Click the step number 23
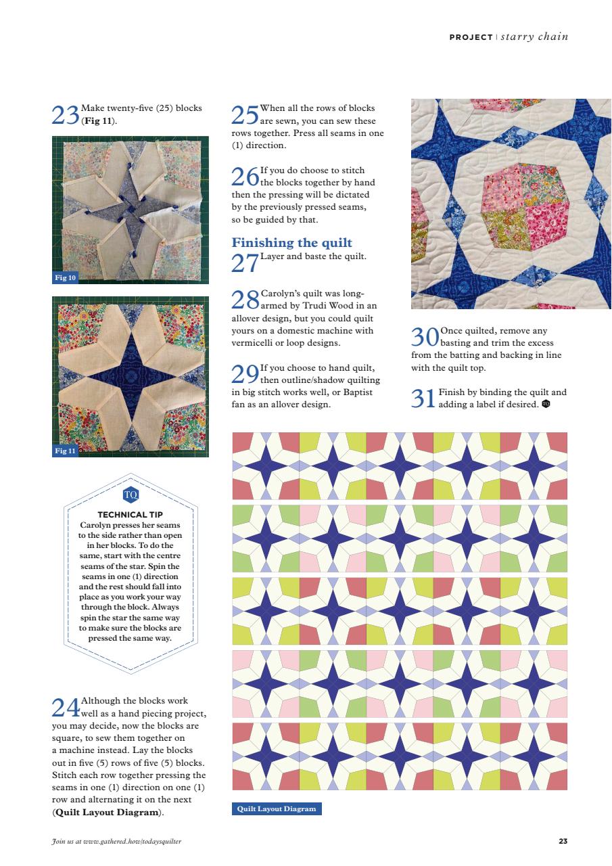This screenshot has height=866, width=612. [x=66, y=116]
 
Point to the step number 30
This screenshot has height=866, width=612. [x=425, y=336]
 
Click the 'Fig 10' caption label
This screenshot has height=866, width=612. [x=66, y=277]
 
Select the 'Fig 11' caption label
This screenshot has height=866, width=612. [x=66, y=451]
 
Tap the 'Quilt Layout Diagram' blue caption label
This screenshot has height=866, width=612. [x=277, y=808]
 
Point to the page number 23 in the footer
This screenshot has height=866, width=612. [x=563, y=841]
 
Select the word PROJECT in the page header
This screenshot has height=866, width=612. [x=471, y=37]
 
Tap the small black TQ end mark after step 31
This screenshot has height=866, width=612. [x=546, y=405]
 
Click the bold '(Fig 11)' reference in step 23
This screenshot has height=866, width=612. [x=98, y=121]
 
